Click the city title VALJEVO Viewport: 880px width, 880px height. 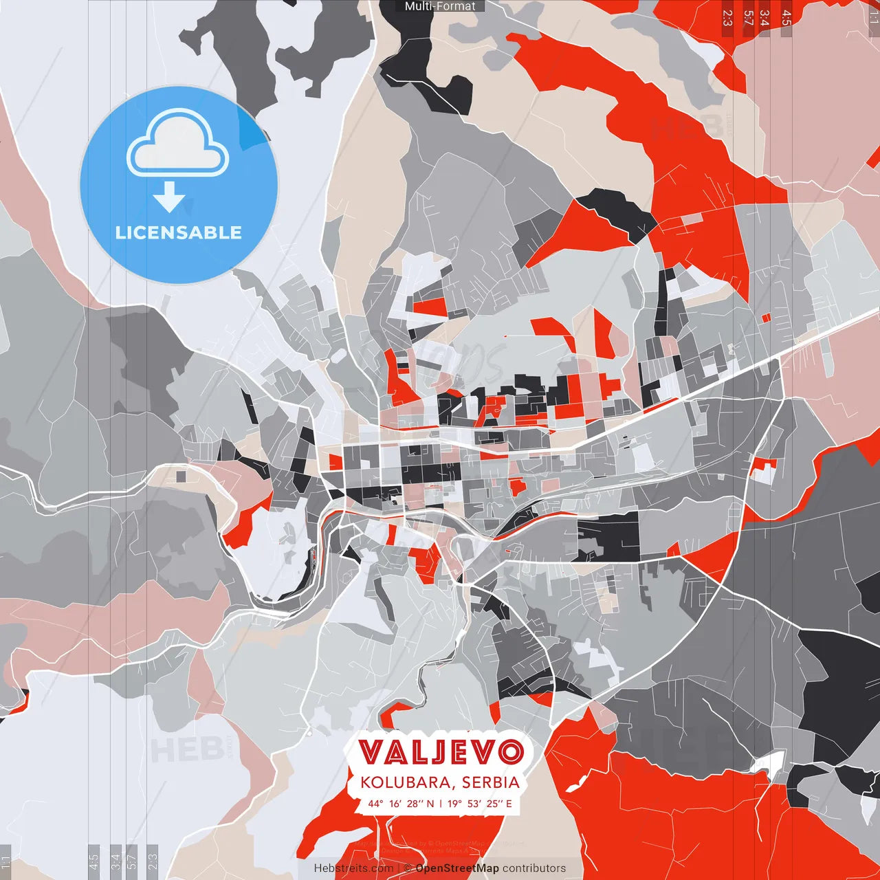pyautogui.click(x=441, y=752)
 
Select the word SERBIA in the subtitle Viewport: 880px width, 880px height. pyautogui.click(x=490, y=782)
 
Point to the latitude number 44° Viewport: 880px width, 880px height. pyautogui.click(x=375, y=803)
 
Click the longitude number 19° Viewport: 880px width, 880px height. pyautogui.click(x=454, y=803)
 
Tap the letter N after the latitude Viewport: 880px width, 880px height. pyautogui.click(x=430, y=803)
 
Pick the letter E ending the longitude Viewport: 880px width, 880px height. pyautogui.click(x=509, y=803)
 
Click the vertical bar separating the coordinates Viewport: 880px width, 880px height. pyautogui.click(x=441, y=803)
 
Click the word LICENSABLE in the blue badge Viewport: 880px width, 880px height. pyautogui.click(x=179, y=232)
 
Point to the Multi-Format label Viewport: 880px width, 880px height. pyautogui.click(x=440, y=6)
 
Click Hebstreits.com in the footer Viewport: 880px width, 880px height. pyautogui.click(x=353, y=868)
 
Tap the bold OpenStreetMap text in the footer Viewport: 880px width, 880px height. pyautogui.click(x=457, y=868)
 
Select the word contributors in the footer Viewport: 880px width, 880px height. pyautogui.click(x=534, y=868)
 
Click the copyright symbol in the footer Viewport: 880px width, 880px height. pyautogui.click(x=407, y=868)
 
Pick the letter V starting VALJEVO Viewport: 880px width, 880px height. pyautogui.click(x=371, y=752)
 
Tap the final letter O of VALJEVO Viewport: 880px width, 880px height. pyautogui.click(x=511, y=752)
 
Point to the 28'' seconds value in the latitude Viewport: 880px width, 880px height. pyautogui.click(x=415, y=803)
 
